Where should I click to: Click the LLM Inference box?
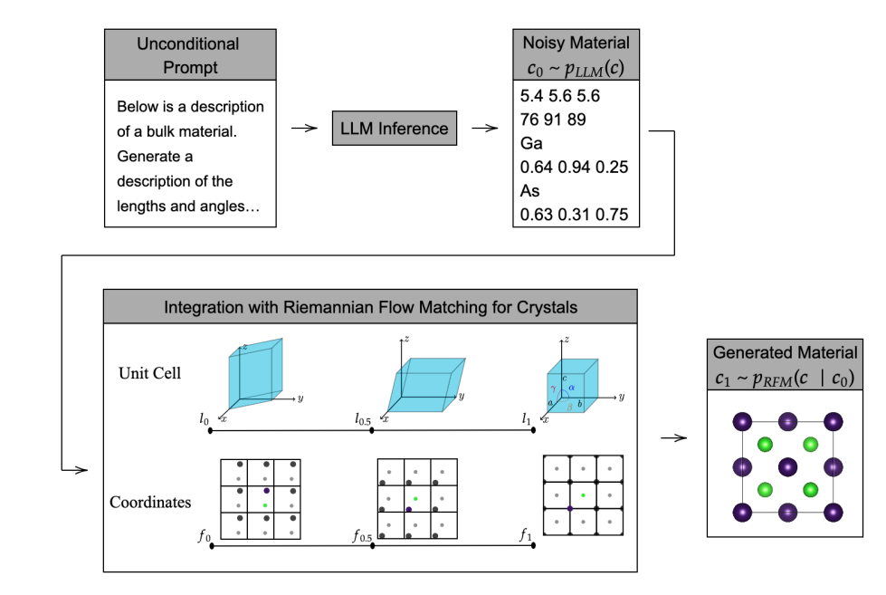click(x=394, y=129)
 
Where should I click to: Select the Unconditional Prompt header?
click(x=187, y=54)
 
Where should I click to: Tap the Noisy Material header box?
click(x=576, y=54)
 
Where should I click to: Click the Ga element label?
click(x=530, y=143)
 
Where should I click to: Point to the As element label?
click(x=530, y=191)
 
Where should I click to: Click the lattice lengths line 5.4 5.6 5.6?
click(x=560, y=95)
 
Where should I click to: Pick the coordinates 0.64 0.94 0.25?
click(x=574, y=168)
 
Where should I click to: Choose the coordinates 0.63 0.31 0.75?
click(x=574, y=216)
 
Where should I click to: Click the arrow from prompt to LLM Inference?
click(x=304, y=129)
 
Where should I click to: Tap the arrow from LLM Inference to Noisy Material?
click(x=485, y=129)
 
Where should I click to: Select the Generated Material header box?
click(x=784, y=364)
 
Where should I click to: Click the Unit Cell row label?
click(x=150, y=373)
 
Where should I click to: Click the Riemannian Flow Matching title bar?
click(x=370, y=307)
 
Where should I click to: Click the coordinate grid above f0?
click(x=261, y=498)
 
